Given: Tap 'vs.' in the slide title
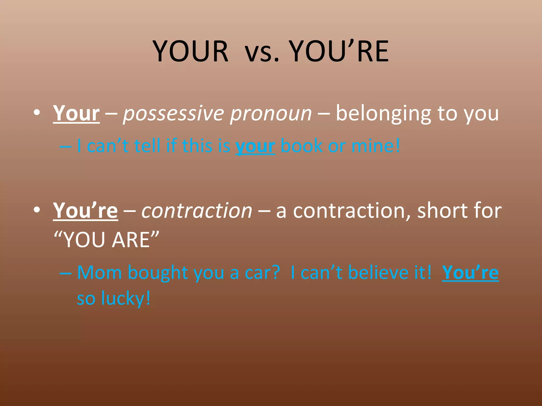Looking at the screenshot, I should [x=262, y=52].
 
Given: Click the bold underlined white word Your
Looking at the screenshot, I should [x=76, y=113].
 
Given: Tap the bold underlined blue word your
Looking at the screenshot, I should [x=255, y=146].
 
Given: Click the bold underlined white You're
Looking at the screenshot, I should [x=85, y=211].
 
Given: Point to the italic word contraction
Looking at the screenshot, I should [x=197, y=211].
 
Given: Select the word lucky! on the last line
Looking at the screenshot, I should [x=126, y=299].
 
